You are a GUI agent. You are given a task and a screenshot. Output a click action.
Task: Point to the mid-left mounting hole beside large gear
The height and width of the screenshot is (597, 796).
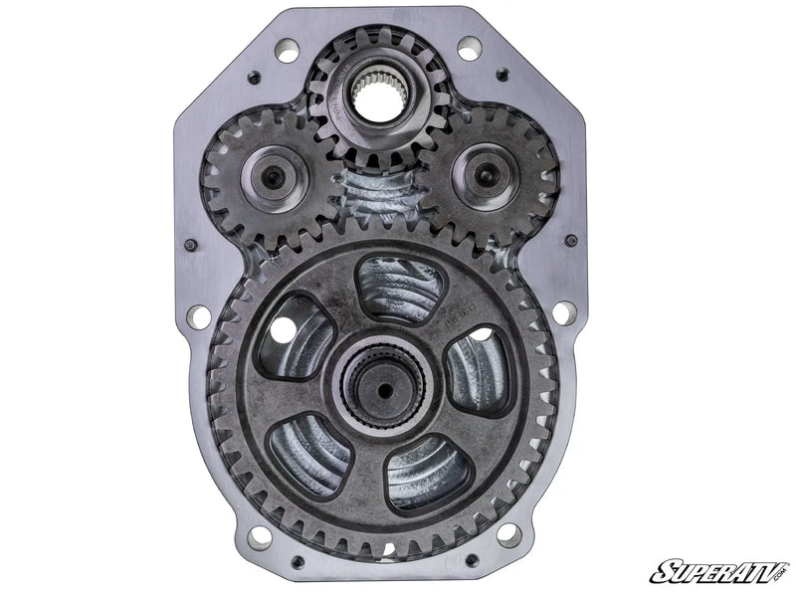point(199,316)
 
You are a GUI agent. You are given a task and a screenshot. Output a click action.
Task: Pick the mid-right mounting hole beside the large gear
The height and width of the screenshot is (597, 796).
point(564,312)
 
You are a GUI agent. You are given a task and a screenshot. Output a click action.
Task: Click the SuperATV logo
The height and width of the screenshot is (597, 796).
point(718,570)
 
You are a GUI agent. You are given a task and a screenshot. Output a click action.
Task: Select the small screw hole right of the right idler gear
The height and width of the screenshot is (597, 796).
point(570,240)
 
